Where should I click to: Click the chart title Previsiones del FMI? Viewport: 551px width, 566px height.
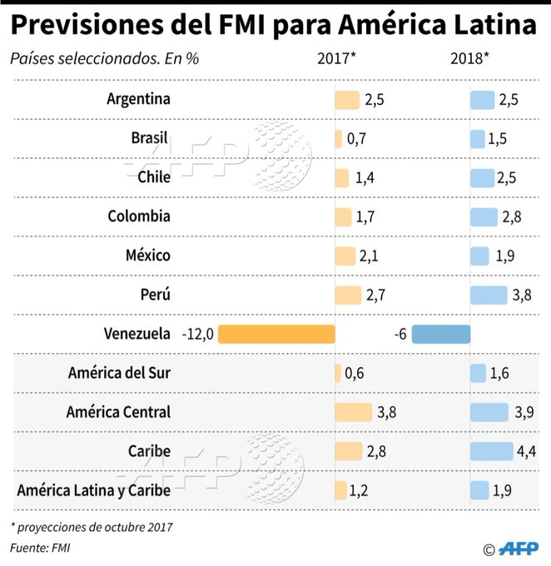pyautogui.click(x=273, y=26)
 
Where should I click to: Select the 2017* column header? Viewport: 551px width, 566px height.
pyautogui.click(x=337, y=60)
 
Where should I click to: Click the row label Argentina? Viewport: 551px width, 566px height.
pyautogui.click(x=138, y=99)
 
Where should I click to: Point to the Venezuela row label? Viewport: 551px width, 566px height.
pyautogui.click(x=137, y=334)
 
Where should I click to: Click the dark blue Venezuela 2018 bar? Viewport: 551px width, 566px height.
pyautogui.click(x=441, y=334)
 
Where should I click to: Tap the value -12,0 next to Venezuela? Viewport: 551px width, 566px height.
pyautogui.click(x=197, y=334)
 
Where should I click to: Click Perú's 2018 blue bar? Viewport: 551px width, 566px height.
pyautogui.click(x=489, y=295)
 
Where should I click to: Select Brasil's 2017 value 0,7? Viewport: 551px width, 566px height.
pyautogui.click(x=356, y=138)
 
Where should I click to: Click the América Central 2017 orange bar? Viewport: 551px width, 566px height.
pyautogui.click(x=353, y=412)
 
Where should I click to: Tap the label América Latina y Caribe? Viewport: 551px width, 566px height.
pyautogui.click(x=93, y=490)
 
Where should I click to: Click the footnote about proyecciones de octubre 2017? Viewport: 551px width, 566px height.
pyautogui.click(x=92, y=527)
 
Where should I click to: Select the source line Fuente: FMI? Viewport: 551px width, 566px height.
pyautogui.click(x=41, y=548)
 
